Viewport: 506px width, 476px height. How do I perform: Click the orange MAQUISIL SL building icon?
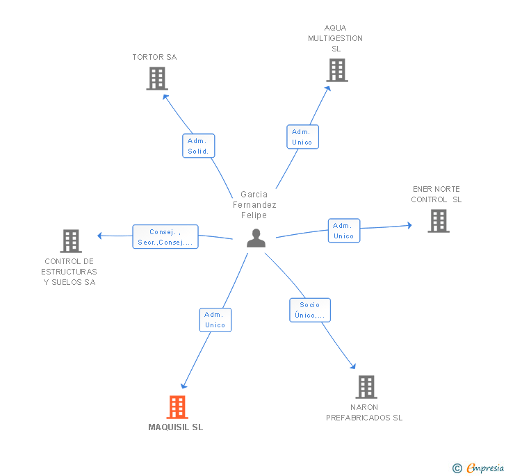coord(177,407)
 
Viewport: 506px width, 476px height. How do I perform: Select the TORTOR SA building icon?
coord(157,79)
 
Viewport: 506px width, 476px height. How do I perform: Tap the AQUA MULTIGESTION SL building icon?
coord(337,70)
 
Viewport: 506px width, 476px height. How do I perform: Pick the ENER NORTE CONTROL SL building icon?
coord(439,221)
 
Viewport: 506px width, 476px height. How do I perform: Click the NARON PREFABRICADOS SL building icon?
coord(366,387)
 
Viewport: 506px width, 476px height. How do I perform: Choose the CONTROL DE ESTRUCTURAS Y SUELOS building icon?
coord(71,241)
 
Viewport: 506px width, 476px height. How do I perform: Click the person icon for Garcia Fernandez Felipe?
coord(256,238)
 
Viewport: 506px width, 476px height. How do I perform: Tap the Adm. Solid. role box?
coord(199,146)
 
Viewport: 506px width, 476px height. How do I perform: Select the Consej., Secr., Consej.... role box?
coord(165,237)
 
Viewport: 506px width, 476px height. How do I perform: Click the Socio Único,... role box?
coord(310,310)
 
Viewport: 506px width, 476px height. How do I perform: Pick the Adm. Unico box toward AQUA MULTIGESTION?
coord(303,137)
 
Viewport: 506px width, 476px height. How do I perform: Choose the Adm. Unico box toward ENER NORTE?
coord(344,231)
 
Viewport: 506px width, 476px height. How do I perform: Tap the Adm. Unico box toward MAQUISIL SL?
coord(215,320)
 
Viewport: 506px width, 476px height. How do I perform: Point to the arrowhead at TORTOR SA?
coord(165,97)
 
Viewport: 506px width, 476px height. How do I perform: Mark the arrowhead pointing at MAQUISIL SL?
coord(183,386)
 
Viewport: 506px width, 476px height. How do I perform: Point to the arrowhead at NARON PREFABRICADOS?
coord(353,366)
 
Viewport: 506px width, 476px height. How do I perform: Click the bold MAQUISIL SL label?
coord(176,427)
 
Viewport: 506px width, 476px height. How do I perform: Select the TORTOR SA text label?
coord(154,57)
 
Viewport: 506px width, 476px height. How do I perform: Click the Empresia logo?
coord(479,468)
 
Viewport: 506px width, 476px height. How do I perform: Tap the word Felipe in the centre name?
coord(254,215)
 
